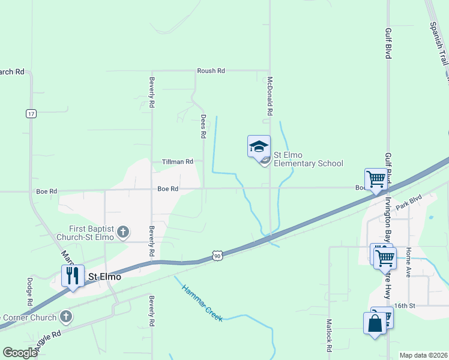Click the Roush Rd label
[x=211, y=71]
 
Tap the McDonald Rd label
[x=270, y=96]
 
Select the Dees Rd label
[x=203, y=127]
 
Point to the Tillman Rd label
[x=178, y=162]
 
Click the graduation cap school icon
[x=259, y=146]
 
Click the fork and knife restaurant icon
[x=73, y=275]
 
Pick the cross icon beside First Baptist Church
[x=123, y=232]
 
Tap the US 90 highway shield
[x=217, y=257]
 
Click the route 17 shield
[x=31, y=113]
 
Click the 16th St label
[x=405, y=306]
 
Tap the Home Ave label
[x=408, y=262]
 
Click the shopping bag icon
[x=375, y=323]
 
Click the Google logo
[x=20, y=353]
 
